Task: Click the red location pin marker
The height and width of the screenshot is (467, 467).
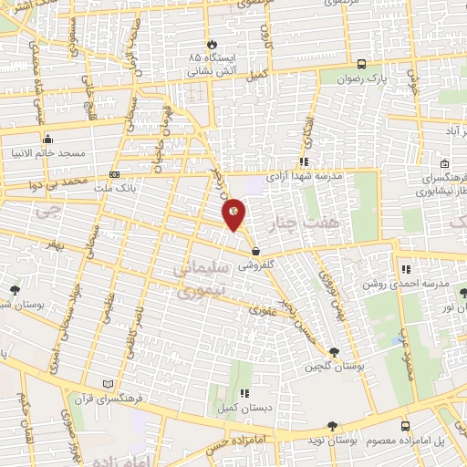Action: pos(234,213)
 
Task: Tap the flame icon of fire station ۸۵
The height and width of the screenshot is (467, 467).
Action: pos(212,43)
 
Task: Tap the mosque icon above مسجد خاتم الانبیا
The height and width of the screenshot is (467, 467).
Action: pos(47,139)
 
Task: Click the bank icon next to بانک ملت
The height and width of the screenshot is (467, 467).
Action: pos(114,173)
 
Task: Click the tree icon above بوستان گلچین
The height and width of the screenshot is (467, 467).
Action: pos(335,351)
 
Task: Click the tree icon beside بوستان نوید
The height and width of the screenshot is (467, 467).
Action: pos(332,426)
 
